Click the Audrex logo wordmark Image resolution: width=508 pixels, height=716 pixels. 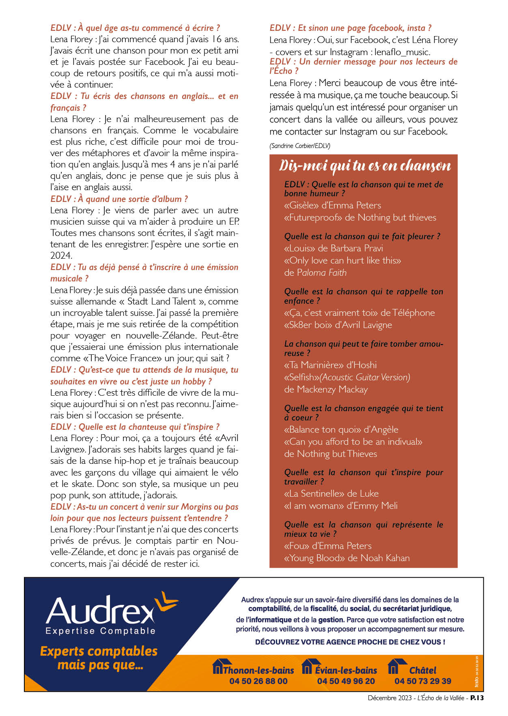(100, 610)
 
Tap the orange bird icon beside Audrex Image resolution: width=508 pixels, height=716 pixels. (166, 601)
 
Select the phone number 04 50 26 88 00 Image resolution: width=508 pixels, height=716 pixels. (258, 681)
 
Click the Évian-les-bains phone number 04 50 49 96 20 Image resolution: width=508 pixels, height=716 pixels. (346, 681)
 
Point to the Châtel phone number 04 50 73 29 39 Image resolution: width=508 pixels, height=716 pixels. (423, 681)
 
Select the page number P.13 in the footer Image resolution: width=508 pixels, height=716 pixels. (477, 698)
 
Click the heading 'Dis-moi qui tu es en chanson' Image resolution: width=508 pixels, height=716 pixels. (365, 166)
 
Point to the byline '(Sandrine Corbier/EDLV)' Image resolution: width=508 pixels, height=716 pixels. (300, 146)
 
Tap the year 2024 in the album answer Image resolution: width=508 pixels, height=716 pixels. (61, 255)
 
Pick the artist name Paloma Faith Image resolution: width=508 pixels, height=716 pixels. (322, 272)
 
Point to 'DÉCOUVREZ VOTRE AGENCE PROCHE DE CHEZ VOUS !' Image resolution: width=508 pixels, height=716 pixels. (350, 642)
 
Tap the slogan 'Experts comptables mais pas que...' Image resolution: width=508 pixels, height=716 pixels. (99, 658)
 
